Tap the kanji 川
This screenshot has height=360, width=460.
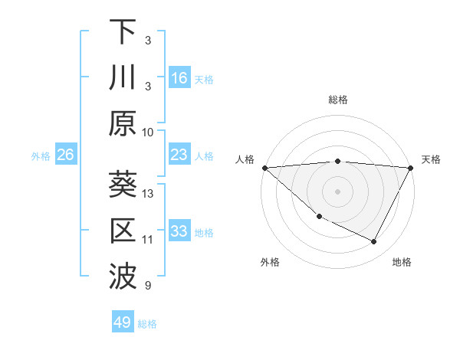pyautogui.click(x=123, y=77)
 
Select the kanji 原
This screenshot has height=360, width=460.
pyautogui.click(x=123, y=123)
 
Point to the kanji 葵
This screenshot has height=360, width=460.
pyautogui.click(x=123, y=185)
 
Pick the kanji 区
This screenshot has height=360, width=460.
pyautogui.click(x=123, y=231)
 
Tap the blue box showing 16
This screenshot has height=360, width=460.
pyautogui.click(x=179, y=78)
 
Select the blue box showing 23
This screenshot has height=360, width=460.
pyautogui.click(x=179, y=155)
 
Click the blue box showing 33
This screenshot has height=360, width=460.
pyautogui.click(x=179, y=232)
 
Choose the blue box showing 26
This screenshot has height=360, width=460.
pyautogui.click(x=65, y=155)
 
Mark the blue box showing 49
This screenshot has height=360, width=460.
pyautogui.click(x=123, y=322)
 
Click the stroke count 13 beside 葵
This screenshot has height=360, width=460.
pyautogui.click(x=148, y=194)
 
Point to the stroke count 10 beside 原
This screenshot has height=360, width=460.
pyautogui.click(x=148, y=132)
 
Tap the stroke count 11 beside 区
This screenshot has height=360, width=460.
pyautogui.click(x=148, y=240)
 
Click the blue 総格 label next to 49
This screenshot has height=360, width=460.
pyautogui.click(x=147, y=324)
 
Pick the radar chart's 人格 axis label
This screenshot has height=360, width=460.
pyautogui.click(x=245, y=159)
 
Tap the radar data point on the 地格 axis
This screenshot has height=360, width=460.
pyautogui.click(x=374, y=242)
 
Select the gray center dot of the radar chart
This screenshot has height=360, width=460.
pyautogui.click(x=337, y=191)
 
